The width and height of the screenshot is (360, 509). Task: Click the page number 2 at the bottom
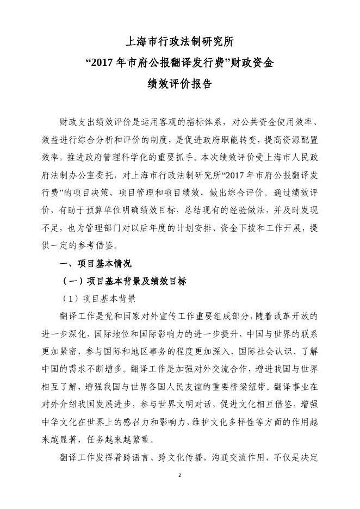(179, 475)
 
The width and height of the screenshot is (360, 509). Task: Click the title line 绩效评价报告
(179, 84)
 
